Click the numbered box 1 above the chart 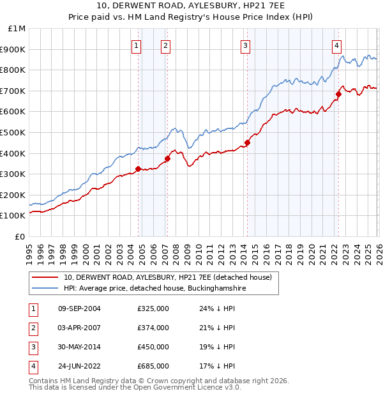137,45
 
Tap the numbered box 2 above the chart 165,45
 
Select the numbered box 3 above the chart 246,45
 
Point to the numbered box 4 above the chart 336,45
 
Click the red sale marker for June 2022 338,95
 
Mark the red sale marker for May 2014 247,143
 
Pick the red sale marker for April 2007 167,159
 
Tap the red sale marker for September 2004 138,169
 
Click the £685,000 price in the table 153,366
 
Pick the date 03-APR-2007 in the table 79,328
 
